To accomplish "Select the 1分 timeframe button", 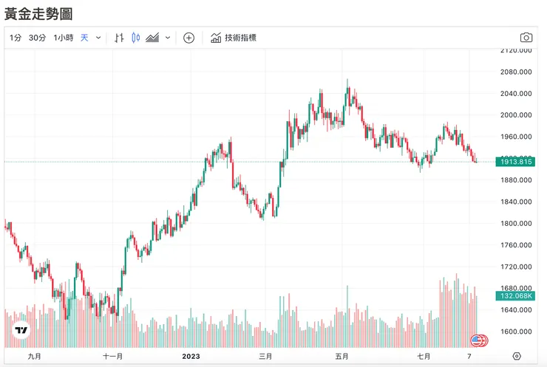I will (x=16, y=38).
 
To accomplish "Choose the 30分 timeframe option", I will (x=37, y=38).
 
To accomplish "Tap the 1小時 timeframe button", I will (x=63, y=38).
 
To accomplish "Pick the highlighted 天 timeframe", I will (x=84, y=38).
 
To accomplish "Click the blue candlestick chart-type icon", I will (x=135, y=38).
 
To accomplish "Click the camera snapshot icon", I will (x=526, y=38).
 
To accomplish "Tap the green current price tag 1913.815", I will (x=514, y=162).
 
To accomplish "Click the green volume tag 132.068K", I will (x=514, y=296).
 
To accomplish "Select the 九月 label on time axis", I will (x=34, y=356).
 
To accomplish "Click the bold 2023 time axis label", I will (x=191, y=356).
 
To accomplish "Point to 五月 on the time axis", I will (x=341, y=356).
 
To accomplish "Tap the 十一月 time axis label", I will (x=113, y=356).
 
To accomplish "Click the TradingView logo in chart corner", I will (x=21, y=331).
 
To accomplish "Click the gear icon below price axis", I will (x=517, y=356).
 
